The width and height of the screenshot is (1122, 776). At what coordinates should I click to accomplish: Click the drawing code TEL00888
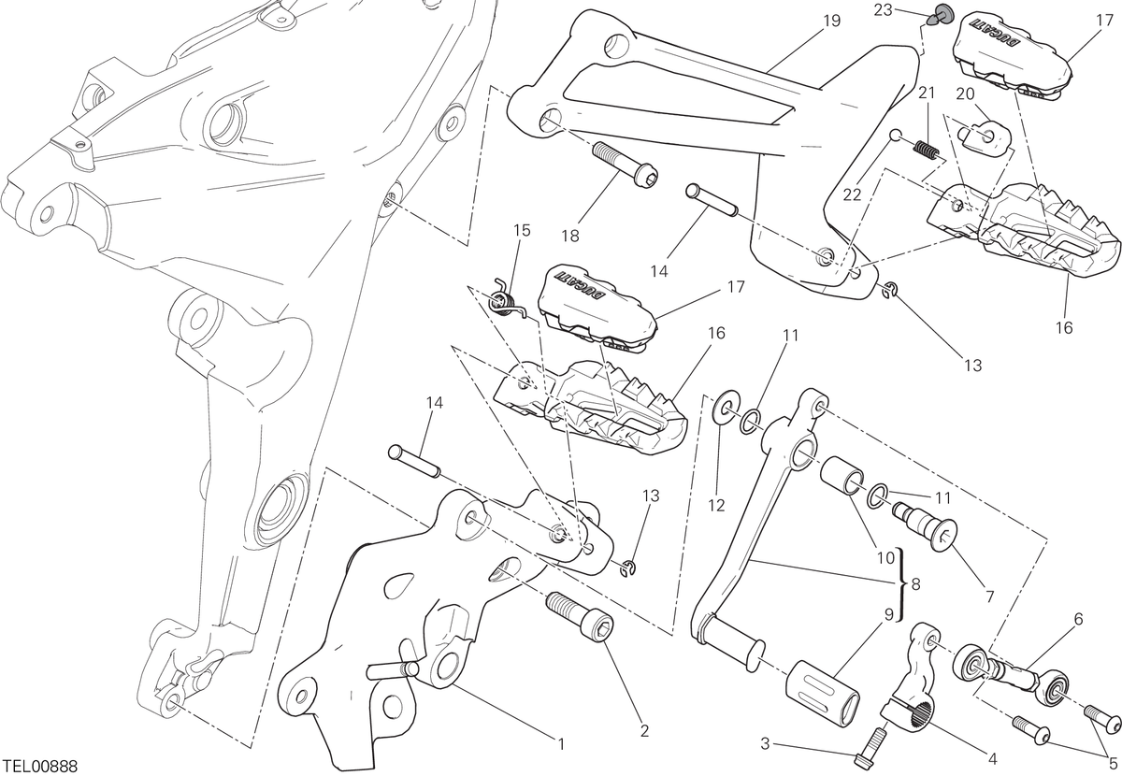pyautogui.click(x=40, y=767)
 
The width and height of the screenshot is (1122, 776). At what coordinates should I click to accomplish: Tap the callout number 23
pyautogui.click(x=883, y=10)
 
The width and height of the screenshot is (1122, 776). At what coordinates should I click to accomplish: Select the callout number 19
pyautogui.click(x=831, y=22)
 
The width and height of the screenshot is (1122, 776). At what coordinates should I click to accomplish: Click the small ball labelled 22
pyautogui.click(x=896, y=136)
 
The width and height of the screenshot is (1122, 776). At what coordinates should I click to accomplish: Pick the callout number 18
pyautogui.click(x=570, y=236)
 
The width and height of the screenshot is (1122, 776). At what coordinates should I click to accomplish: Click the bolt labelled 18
pyautogui.click(x=626, y=164)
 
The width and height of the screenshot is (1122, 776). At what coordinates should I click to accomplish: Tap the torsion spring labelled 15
pyautogui.click(x=506, y=299)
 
